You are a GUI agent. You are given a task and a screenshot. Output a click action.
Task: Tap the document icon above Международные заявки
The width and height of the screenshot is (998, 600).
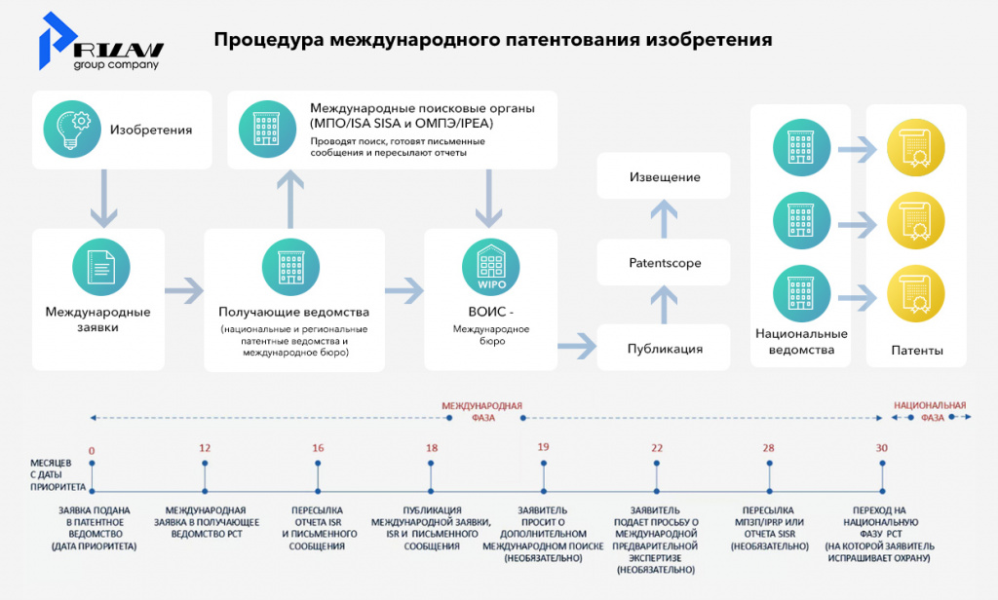click(x=100, y=264)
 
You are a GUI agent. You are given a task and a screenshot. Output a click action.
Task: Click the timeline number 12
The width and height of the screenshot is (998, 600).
click(x=205, y=448)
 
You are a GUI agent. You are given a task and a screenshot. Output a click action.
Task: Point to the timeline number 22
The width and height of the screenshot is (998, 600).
click(x=657, y=448)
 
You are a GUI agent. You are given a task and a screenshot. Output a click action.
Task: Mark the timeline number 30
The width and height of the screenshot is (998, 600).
click(x=882, y=448)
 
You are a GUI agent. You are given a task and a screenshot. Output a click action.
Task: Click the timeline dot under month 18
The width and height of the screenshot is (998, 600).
click(x=431, y=490)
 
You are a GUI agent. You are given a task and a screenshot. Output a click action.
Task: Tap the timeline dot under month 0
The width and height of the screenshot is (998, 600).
click(x=92, y=490)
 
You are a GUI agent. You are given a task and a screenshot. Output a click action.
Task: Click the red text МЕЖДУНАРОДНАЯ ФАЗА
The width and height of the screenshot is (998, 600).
click(x=482, y=411)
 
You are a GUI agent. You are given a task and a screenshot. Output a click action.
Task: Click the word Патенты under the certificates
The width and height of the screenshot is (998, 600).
click(x=917, y=351)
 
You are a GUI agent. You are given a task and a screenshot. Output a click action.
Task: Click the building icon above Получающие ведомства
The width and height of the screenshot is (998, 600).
click(x=290, y=264)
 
